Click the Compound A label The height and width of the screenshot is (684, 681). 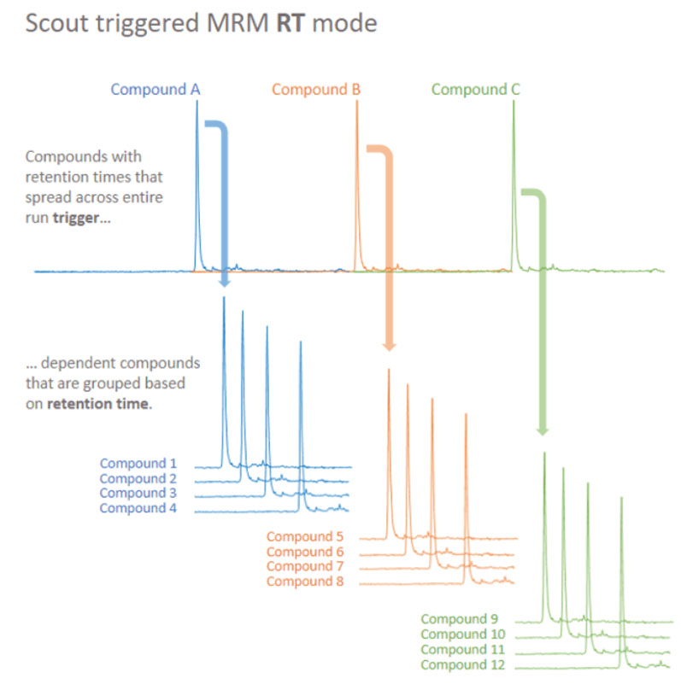156,89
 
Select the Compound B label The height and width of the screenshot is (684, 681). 316,89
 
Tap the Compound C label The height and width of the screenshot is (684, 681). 476,89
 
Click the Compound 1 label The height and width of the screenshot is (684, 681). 138,464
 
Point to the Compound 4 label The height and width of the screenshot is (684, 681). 138,508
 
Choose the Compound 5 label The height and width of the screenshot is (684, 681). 305,537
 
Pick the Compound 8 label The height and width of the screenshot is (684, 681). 305,582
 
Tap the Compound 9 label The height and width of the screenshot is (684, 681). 459,619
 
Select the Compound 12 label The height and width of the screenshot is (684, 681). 462,664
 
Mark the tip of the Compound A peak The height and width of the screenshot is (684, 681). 197,102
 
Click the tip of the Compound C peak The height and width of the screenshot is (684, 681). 514,102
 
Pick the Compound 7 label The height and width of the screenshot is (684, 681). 305,567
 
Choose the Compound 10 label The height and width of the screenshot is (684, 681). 462,634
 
